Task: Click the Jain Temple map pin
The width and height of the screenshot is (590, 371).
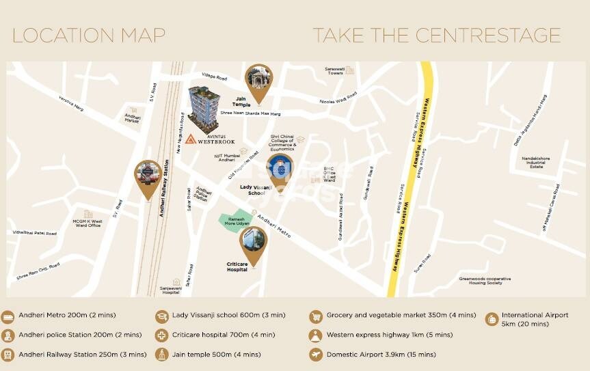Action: click(258, 80)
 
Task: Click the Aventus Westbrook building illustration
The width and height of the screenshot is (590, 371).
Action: click(204, 108)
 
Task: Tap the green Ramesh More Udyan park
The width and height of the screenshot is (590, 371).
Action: click(234, 221)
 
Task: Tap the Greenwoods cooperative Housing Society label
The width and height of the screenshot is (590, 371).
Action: click(485, 280)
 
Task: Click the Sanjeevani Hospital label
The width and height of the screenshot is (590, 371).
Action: click(176, 290)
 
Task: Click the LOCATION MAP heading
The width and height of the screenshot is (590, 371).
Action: click(89, 36)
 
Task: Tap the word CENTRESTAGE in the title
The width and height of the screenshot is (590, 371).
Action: click(483, 36)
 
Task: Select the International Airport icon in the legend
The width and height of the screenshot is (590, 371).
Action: click(492, 318)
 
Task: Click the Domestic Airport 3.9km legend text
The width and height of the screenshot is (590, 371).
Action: click(380, 355)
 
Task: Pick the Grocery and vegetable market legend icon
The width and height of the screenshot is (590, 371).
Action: click(316, 316)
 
